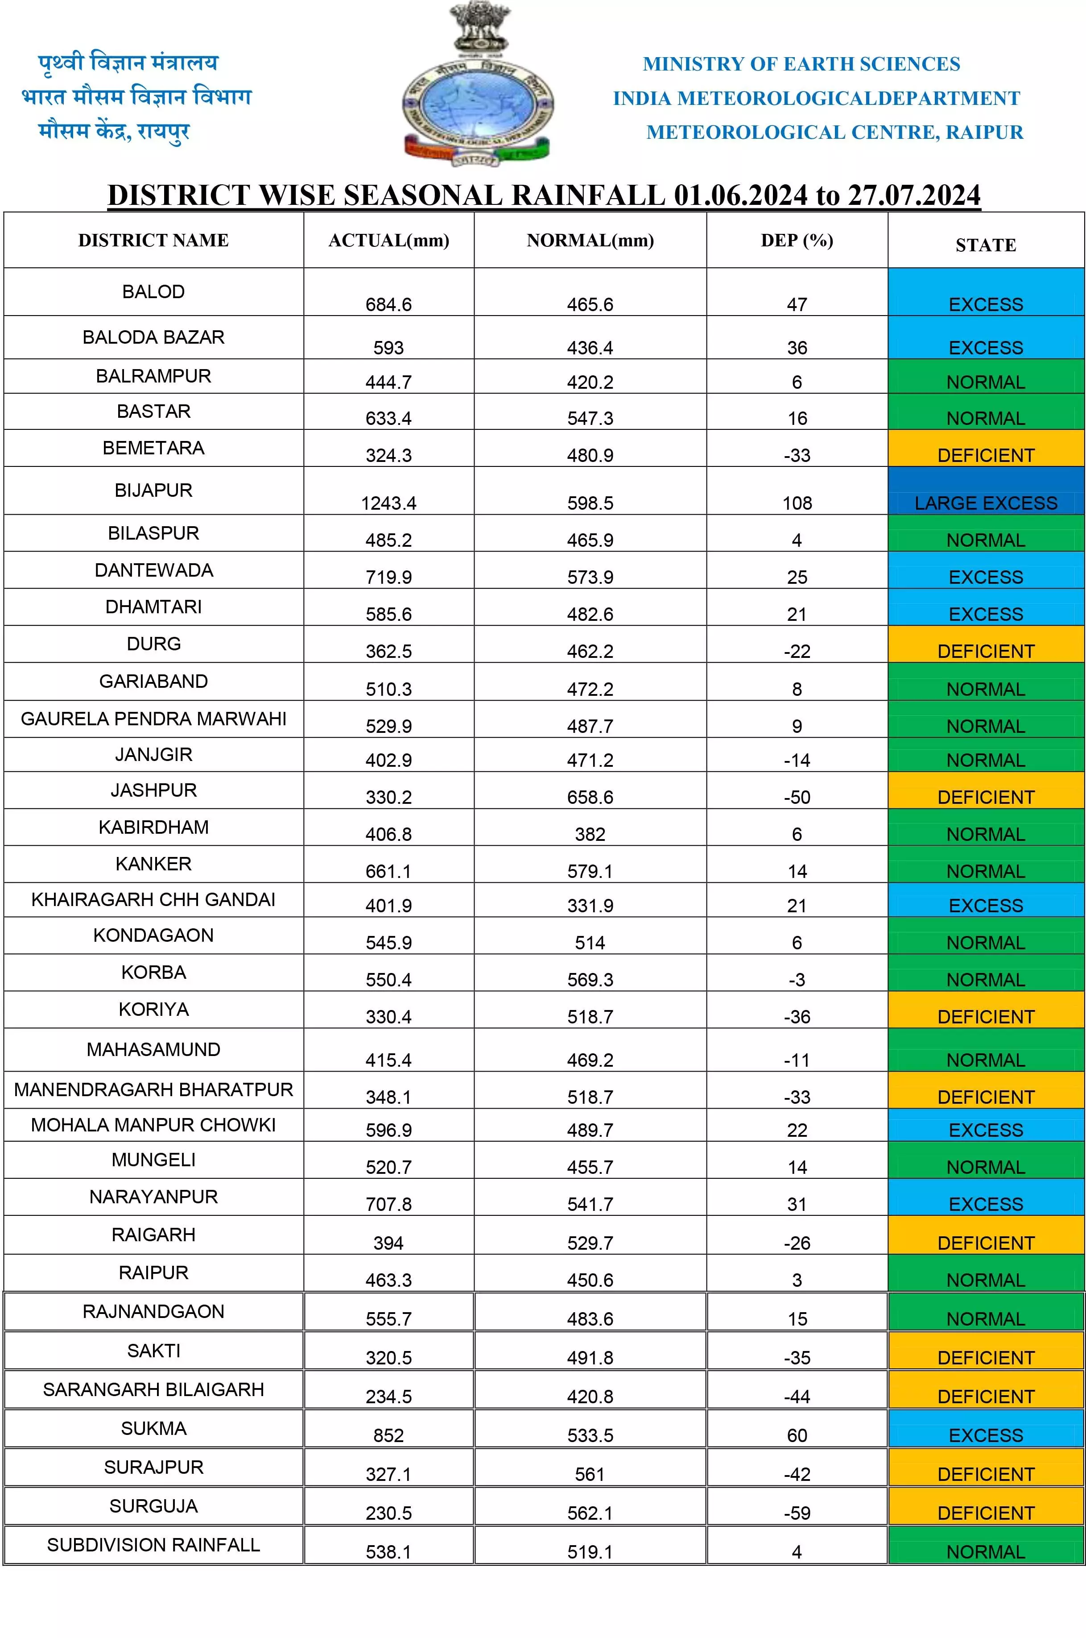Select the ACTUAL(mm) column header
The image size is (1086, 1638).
tap(388, 241)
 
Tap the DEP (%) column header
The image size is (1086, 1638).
tap(797, 241)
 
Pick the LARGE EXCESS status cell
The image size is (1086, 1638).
tap(986, 503)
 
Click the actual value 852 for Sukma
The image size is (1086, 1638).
tap(388, 1436)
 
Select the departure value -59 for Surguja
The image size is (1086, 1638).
tap(797, 1513)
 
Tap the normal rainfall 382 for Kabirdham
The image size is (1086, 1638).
tap(590, 834)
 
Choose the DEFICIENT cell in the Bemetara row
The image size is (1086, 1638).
tap(986, 455)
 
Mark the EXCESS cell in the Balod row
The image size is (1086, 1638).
tap(986, 304)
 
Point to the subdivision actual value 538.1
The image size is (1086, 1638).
tap(388, 1552)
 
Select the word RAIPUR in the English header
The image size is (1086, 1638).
tap(984, 133)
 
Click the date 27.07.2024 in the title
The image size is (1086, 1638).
tap(914, 195)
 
